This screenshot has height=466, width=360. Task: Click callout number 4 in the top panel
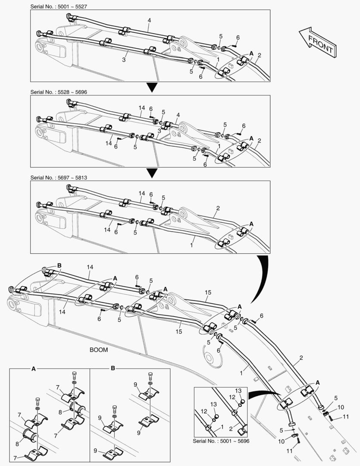(x=149, y=21)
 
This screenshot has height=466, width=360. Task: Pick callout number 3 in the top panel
(x=123, y=60)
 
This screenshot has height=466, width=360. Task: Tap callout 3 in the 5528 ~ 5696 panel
(x=159, y=131)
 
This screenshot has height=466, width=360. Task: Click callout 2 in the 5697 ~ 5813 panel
(x=218, y=208)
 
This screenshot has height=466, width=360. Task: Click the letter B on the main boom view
(x=59, y=265)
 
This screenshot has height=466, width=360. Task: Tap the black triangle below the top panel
(x=150, y=88)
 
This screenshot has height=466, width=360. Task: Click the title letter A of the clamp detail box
(x=34, y=368)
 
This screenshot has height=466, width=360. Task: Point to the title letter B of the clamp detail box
(x=113, y=368)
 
